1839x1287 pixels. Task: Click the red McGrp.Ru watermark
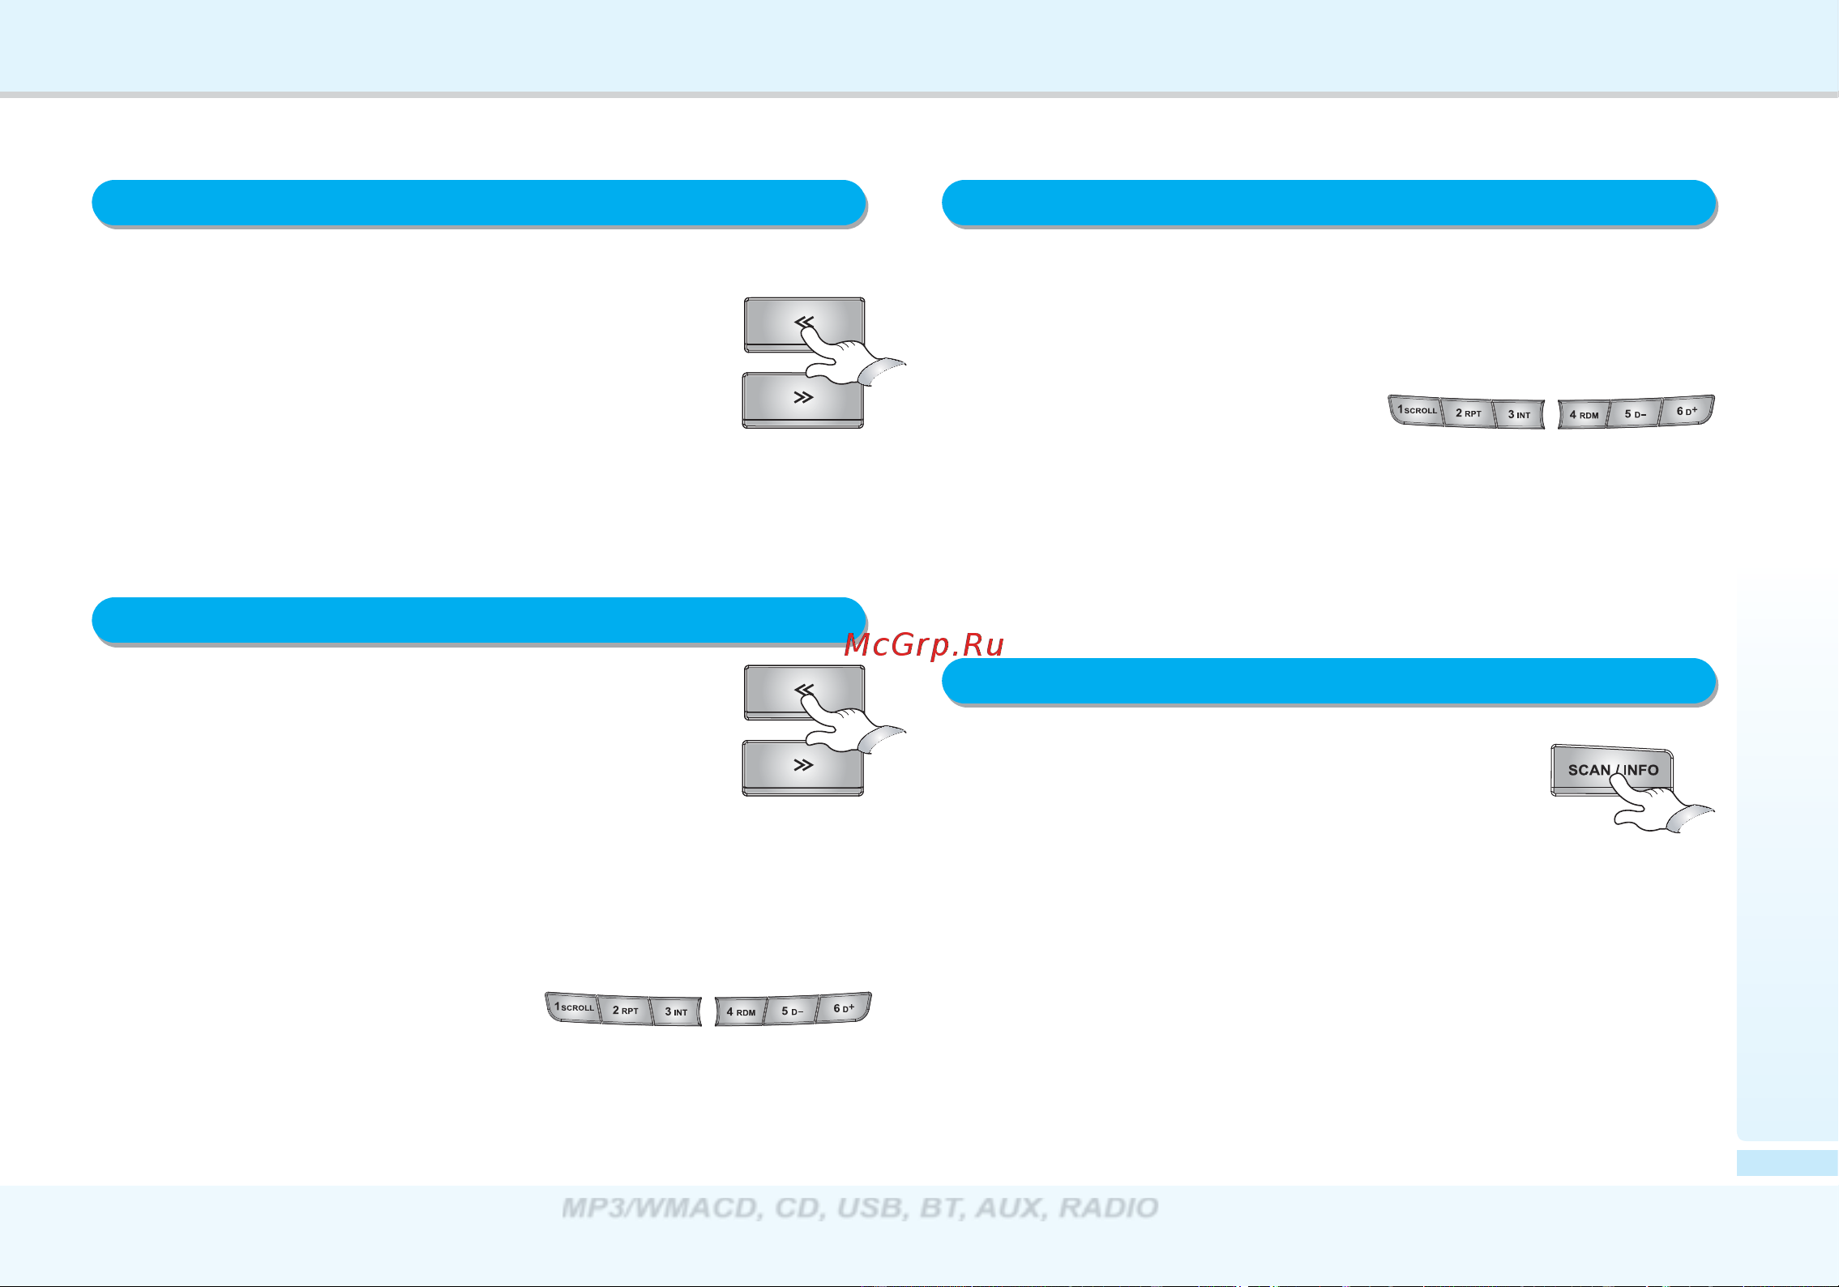[x=924, y=645]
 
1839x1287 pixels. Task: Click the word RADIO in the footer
[x=1109, y=1208]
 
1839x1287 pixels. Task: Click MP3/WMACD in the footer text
[x=661, y=1208]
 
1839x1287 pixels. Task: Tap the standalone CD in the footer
[x=798, y=1208]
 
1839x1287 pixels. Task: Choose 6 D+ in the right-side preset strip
[x=1687, y=411]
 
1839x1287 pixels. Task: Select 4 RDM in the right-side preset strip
[x=1584, y=415]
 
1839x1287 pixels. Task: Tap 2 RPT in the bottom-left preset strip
[x=625, y=1011]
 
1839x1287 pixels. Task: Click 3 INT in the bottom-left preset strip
[x=676, y=1011]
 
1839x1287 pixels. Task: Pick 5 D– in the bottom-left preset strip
[x=792, y=1011]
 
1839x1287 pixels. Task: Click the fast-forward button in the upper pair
[x=802, y=400]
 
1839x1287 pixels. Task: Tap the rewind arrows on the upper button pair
[x=803, y=323]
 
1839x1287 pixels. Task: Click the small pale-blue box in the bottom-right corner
[x=1787, y=1162]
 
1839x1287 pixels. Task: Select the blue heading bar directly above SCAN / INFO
[x=1329, y=681]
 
